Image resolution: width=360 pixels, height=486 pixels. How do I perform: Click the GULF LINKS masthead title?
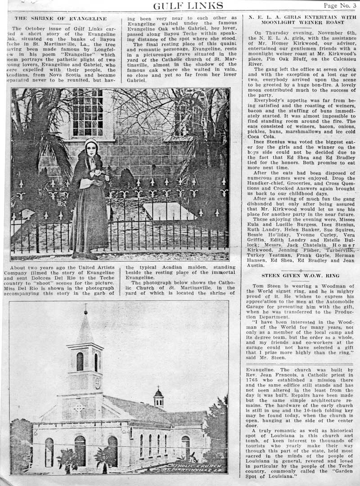pos(188,5)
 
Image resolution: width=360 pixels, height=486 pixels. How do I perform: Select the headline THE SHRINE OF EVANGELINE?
pos(61,18)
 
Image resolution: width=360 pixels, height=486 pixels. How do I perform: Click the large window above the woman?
pos(87,112)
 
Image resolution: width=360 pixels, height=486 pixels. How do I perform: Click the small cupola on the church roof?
pos(158,398)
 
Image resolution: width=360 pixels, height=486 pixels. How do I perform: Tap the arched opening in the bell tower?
pos(80,361)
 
